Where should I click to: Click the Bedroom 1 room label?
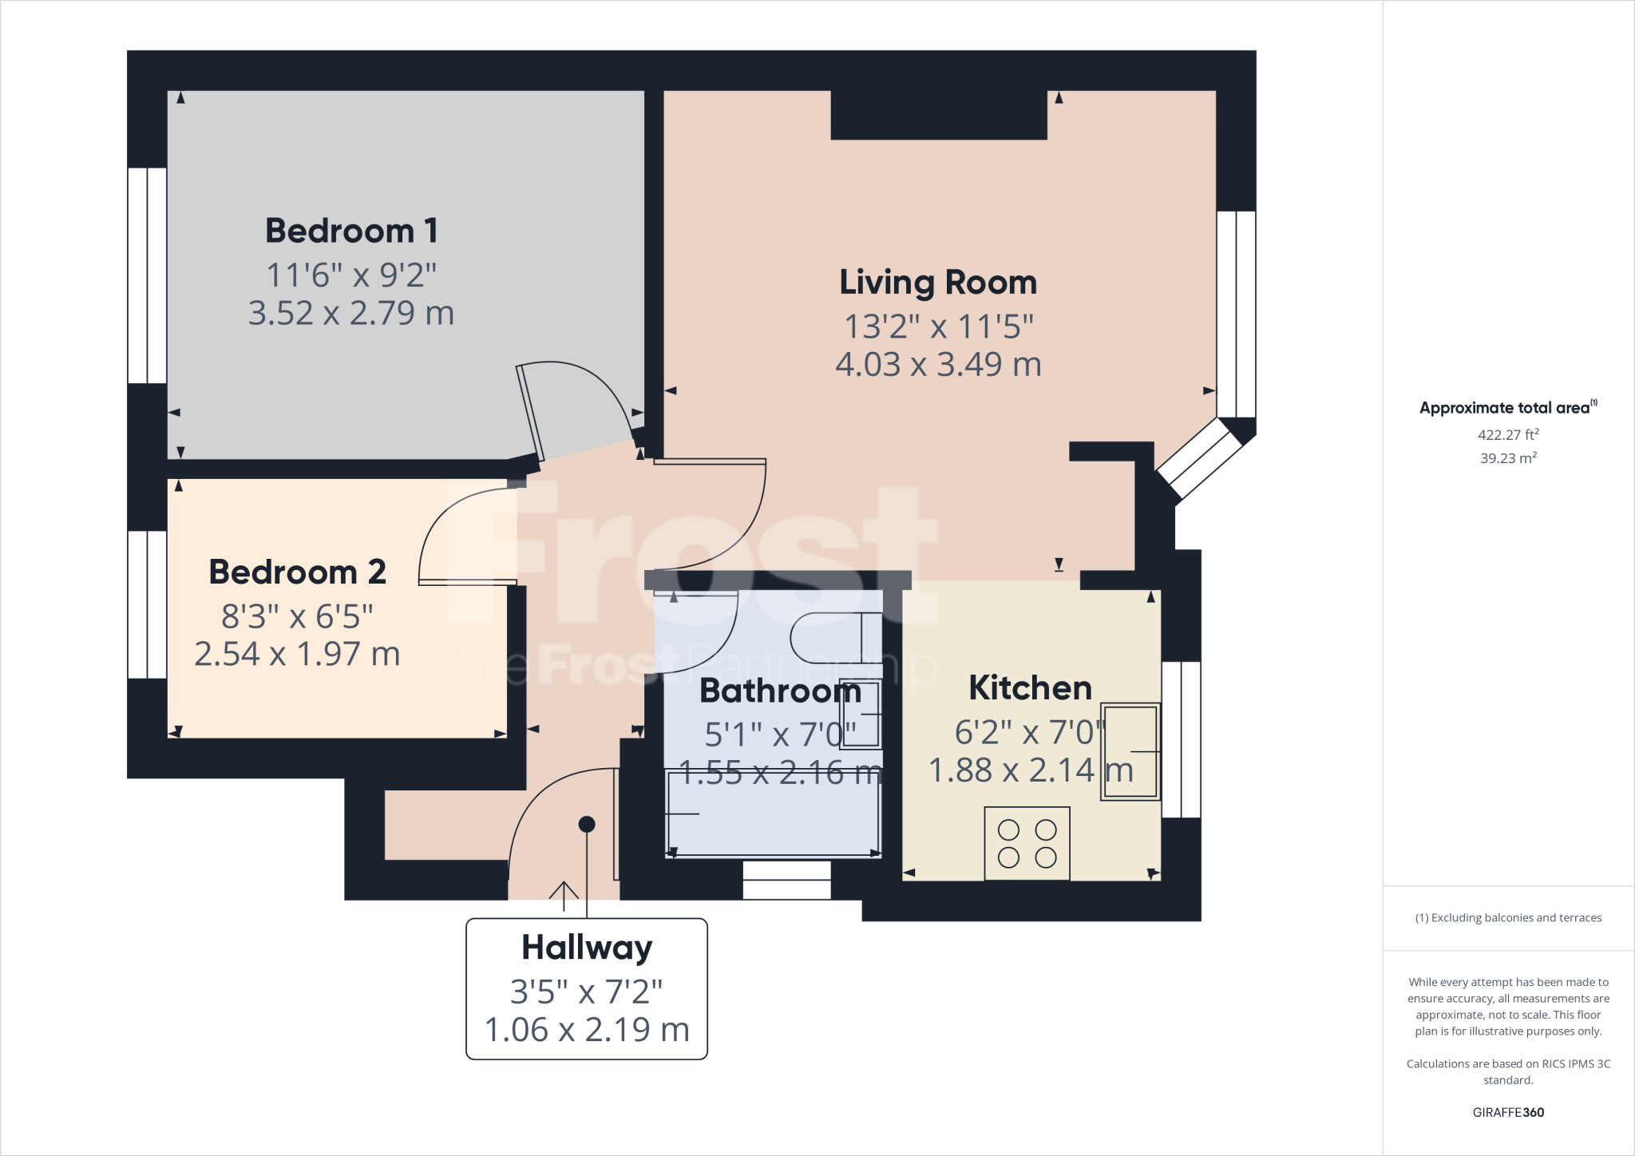(x=351, y=231)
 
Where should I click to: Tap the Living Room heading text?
(x=938, y=283)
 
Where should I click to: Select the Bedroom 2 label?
(x=297, y=572)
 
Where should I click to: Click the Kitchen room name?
(x=1030, y=687)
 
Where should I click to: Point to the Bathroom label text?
(x=780, y=691)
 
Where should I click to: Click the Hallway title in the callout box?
(x=587, y=948)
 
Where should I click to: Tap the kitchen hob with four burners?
(x=1027, y=844)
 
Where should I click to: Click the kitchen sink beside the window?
(x=1130, y=751)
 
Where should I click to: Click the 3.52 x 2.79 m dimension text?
(x=351, y=313)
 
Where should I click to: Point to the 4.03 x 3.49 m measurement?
(x=938, y=365)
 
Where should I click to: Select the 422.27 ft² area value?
(x=1508, y=435)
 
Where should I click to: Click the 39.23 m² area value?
(x=1508, y=458)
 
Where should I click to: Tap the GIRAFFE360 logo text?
(x=1508, y=1112)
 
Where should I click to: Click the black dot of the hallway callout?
(x=587, y=824)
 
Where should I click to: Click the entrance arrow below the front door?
(x=564, y=895)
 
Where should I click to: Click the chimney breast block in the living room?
(x=939, y=116)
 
